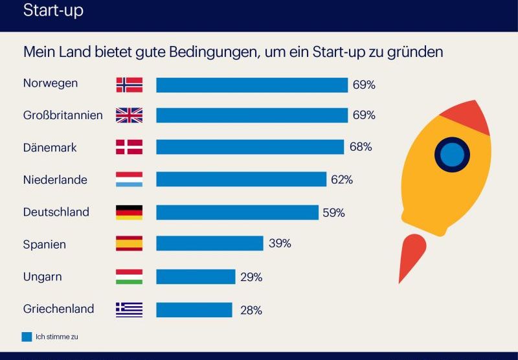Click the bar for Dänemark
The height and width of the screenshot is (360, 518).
click(x=250, y=147)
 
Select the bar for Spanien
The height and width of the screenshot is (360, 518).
click(x=209, y=243)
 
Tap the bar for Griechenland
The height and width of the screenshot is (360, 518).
click(x=194, y=309)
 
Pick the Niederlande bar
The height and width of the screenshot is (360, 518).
click(x=241, y=179)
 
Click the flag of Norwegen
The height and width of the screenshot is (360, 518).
click(x=129, y=85)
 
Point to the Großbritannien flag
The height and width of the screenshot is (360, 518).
click(x=129, y=115)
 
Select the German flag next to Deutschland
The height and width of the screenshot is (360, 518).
click(x=129, y=212)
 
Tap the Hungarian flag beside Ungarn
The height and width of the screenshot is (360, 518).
click(x=129, y=276)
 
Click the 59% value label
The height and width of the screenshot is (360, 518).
click(x=334, y=212)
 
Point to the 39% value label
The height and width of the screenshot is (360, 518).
click(x=280, y=243)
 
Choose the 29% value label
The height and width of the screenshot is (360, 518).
click(x=251, y=277)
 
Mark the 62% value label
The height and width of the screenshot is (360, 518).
click(x=341, y=180)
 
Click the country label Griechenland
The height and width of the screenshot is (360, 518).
click(x=58, y=309)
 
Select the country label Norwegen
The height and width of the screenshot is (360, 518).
click(x=51, y=84)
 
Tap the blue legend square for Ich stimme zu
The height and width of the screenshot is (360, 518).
click(x=27, y=337)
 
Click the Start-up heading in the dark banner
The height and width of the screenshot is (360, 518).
click(x=53, y=11)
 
